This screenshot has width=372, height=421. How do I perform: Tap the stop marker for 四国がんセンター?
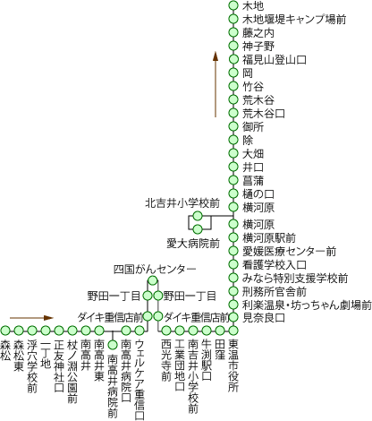[x=154, y=281]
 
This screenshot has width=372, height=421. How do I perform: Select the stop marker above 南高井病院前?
[x=113, y=345]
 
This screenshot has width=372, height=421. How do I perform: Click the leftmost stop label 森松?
[x=5, y=346]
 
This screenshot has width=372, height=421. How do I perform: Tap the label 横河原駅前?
[x=268, y=237]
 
